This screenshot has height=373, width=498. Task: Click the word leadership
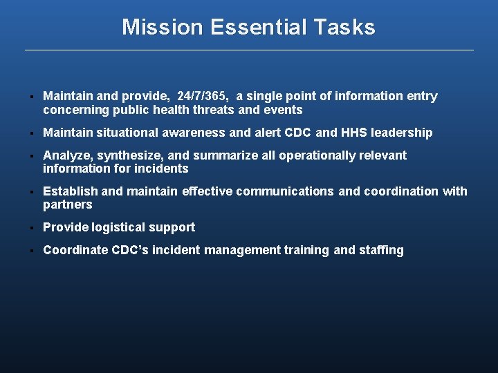point(403,133)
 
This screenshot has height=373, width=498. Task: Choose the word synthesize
point(129,155)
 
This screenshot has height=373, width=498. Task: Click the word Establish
point(70,191)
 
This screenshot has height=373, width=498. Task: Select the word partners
point(67,205)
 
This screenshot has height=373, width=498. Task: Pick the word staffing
point(380,250)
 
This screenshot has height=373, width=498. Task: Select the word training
point(306,250)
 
